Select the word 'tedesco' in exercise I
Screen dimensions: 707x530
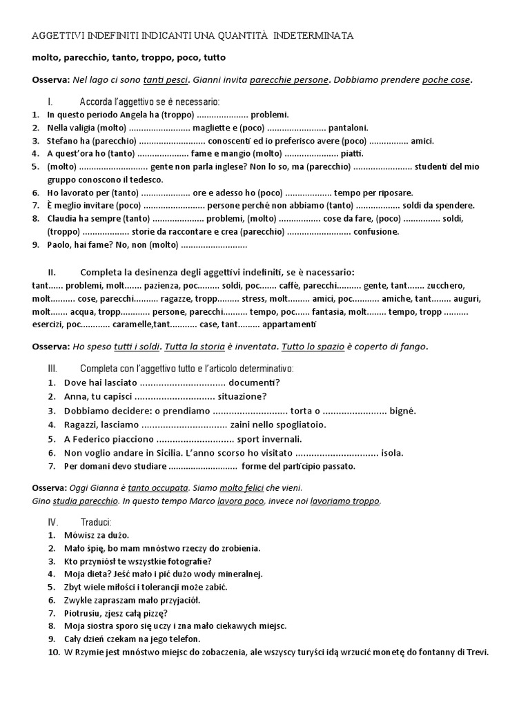[135, 180]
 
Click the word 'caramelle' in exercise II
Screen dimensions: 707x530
[131, 324]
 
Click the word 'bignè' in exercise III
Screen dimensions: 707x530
[403, 411]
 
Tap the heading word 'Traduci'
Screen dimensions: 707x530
[96, 521]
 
